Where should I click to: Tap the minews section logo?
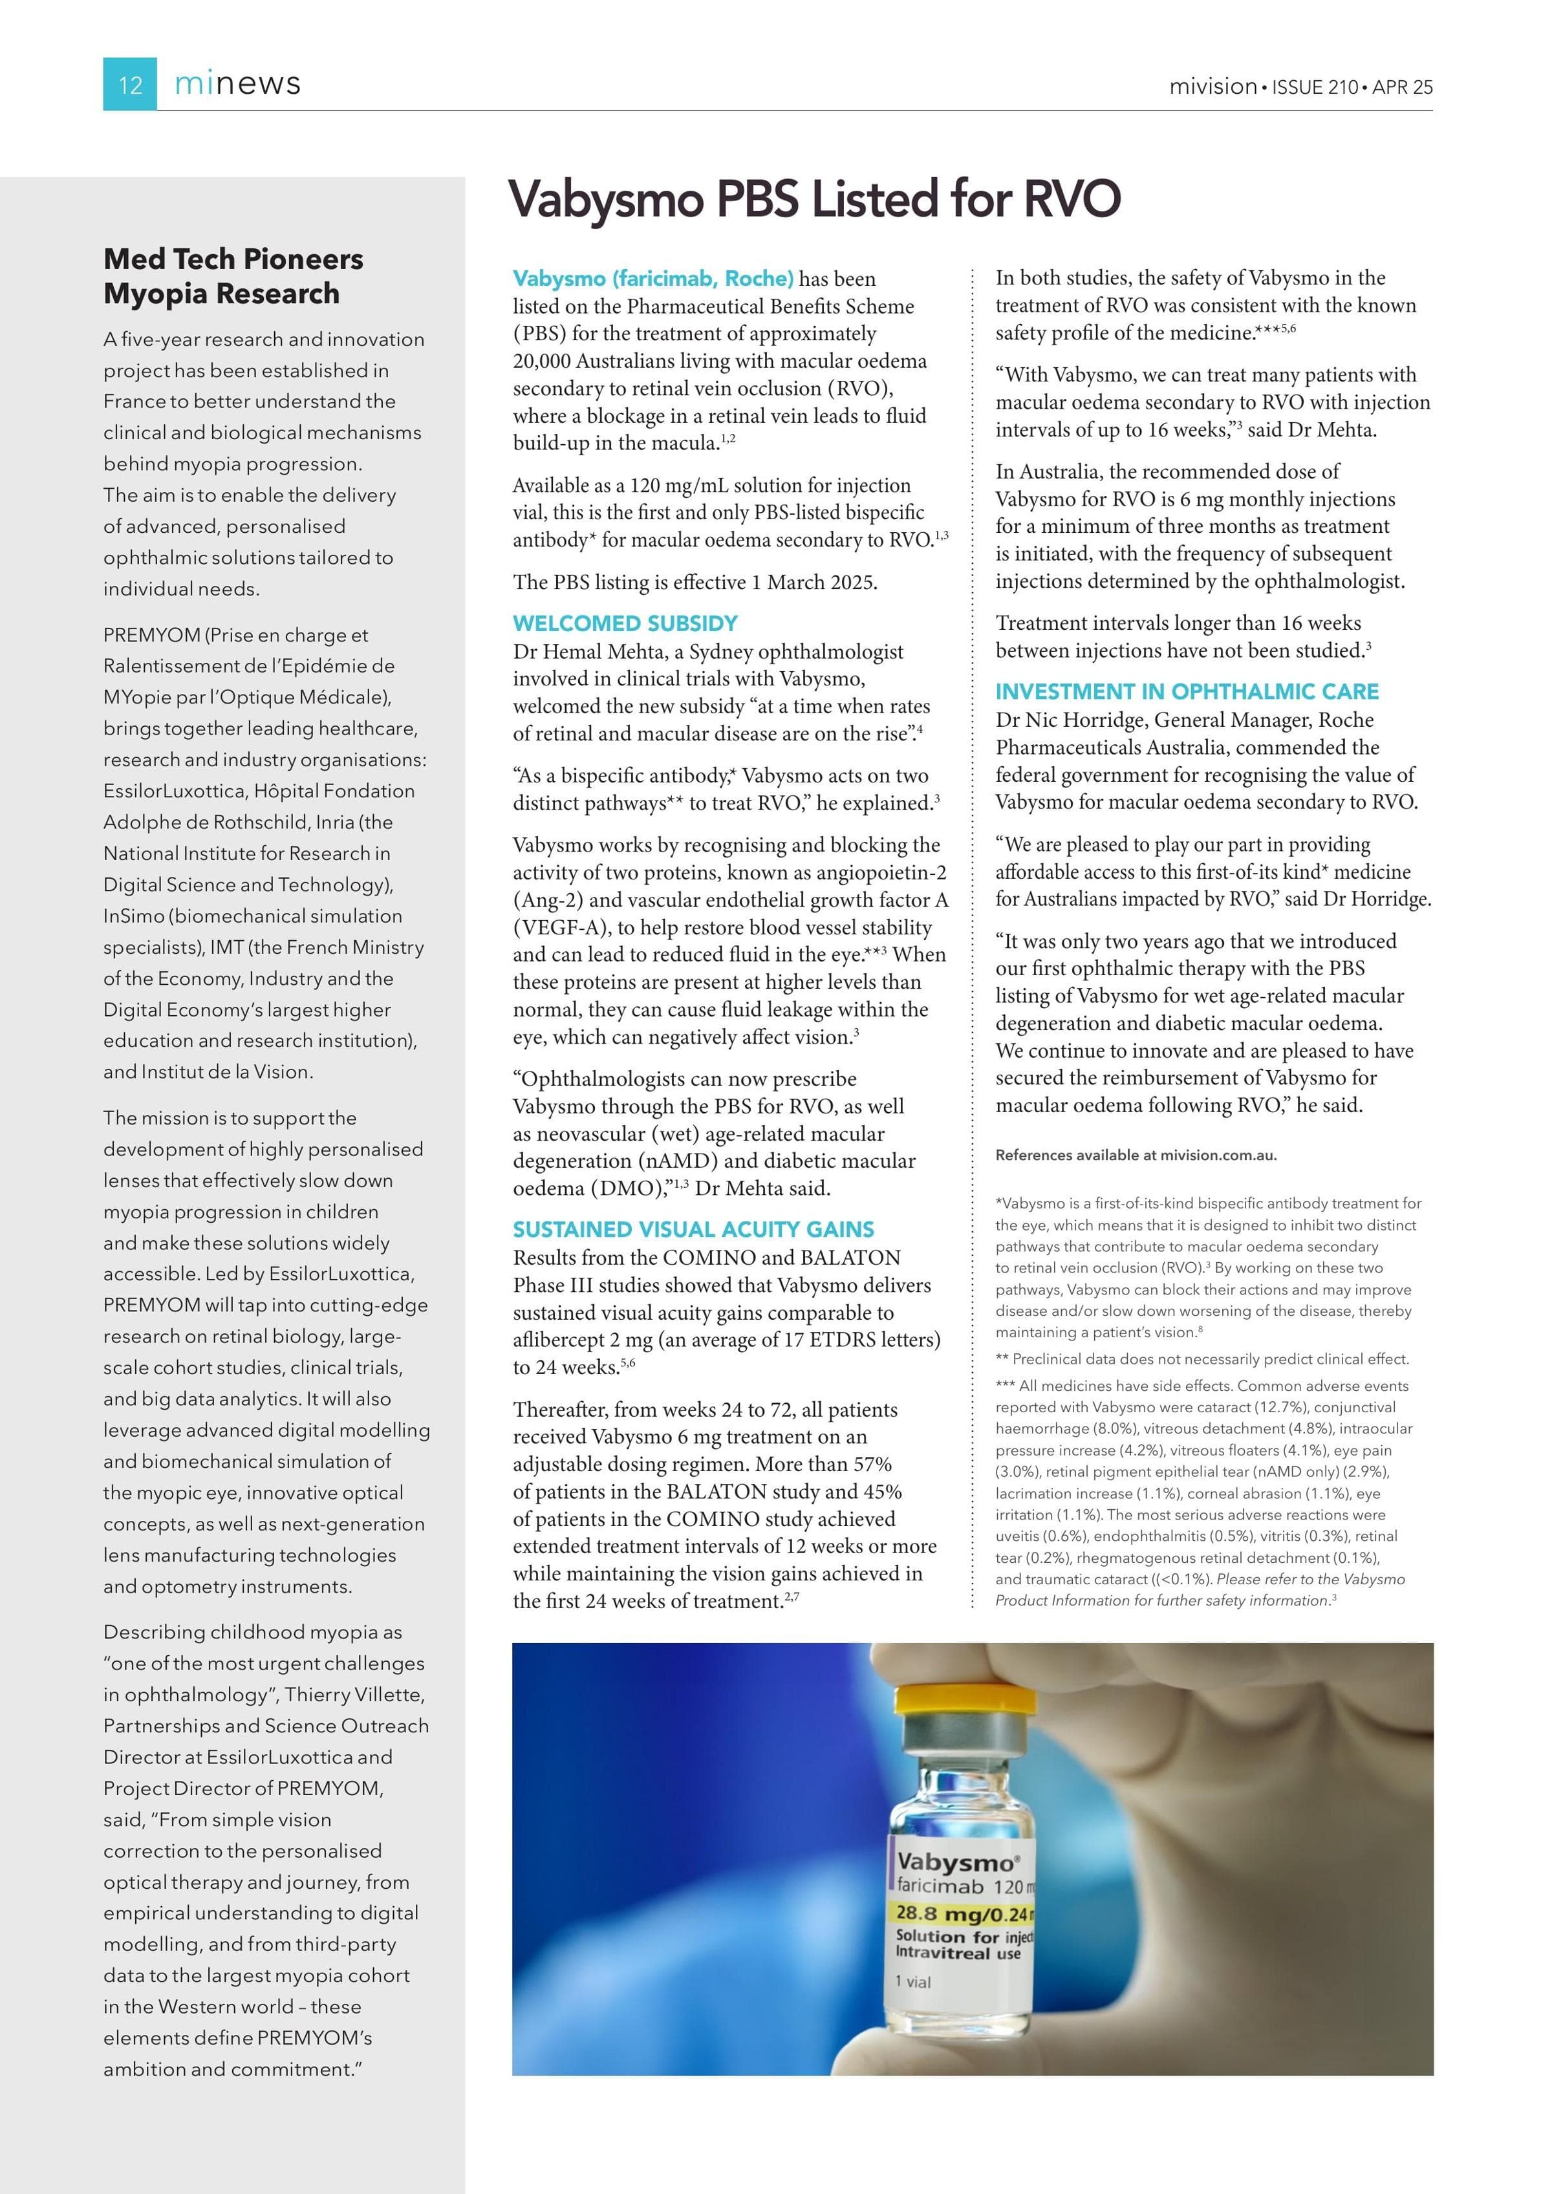tap(237, 84)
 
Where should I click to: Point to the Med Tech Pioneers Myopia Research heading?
tap(233, 276)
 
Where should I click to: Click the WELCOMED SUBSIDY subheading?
tap(625, 623)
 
